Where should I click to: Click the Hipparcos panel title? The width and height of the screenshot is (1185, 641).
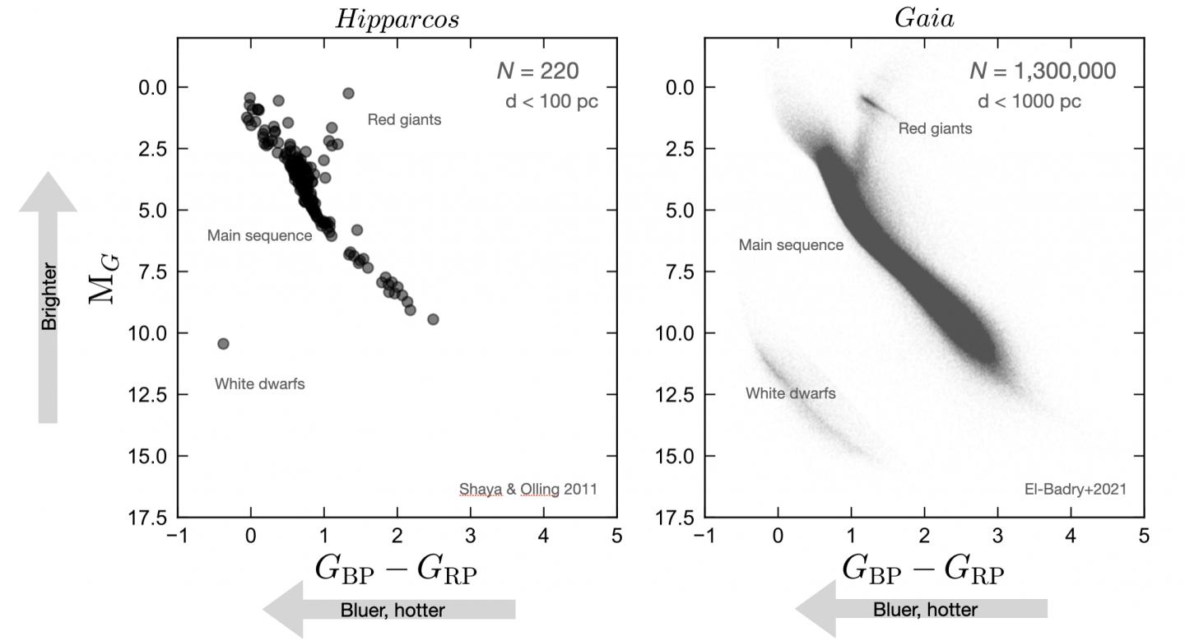tap(397, 19)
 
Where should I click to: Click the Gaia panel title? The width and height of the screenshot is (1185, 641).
tap(924, 19)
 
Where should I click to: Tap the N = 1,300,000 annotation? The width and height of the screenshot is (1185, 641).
tap(1043, 72)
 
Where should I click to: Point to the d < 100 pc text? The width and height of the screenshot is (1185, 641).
tap(551, 102)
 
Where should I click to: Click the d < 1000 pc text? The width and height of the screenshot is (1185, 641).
tap(1029, 102)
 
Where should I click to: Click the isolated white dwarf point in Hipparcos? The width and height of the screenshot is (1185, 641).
tap(223, 343)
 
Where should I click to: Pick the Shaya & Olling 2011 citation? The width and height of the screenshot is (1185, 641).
tap(527, 490)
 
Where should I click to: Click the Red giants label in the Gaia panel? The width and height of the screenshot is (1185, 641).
tap(935, 128)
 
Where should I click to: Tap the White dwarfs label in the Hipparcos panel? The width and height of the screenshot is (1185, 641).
tap(259, 383)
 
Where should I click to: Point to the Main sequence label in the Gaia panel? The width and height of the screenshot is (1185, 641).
tap(791, 245)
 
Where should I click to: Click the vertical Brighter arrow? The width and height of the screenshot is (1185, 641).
tap(49, 296)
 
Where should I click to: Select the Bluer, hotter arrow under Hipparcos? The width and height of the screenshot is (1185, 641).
tap(388, 610)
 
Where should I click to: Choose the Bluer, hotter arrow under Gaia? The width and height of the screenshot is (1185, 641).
tap(921, 610)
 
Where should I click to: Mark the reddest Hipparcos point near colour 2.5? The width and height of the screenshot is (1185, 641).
tap(433, 319)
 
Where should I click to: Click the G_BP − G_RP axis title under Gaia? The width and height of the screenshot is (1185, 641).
tap(922, 570)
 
